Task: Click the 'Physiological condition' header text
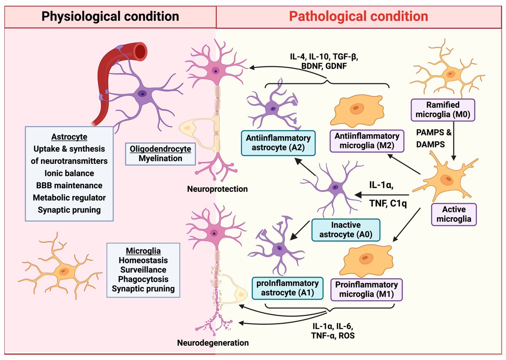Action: [110, 16]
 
